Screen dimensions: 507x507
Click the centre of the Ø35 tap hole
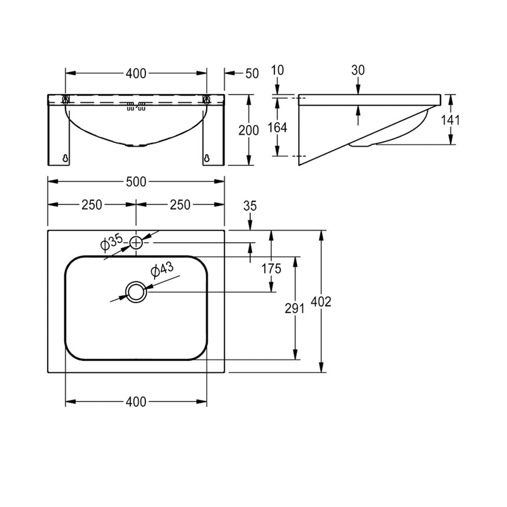coord(136,242)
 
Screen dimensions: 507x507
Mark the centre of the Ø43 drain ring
coord(136,292)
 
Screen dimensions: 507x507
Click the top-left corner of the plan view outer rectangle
coord(48,231)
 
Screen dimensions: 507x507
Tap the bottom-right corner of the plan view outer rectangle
coord(225,373)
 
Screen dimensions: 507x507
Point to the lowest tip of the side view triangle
coord(299,166)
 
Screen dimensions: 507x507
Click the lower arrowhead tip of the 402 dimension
coord(321,373)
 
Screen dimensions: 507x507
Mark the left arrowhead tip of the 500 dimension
coord(48,182)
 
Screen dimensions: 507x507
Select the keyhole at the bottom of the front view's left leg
coord(65,158)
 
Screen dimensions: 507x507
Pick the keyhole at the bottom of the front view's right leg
coord(207,158)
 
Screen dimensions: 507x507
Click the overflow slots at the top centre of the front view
coord(136,106)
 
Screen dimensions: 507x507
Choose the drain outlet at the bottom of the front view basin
coord(136,145)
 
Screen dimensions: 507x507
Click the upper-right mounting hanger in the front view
coord(206,99)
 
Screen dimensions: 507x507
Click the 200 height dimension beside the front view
coord(248,130)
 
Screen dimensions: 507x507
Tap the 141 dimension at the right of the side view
coord(450,120)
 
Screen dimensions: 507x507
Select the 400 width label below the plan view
coord(136,402)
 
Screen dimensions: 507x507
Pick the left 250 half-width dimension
coord(92,205)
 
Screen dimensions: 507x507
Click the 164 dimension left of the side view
coord(277,128)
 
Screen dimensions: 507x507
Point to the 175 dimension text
coord(271,268)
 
